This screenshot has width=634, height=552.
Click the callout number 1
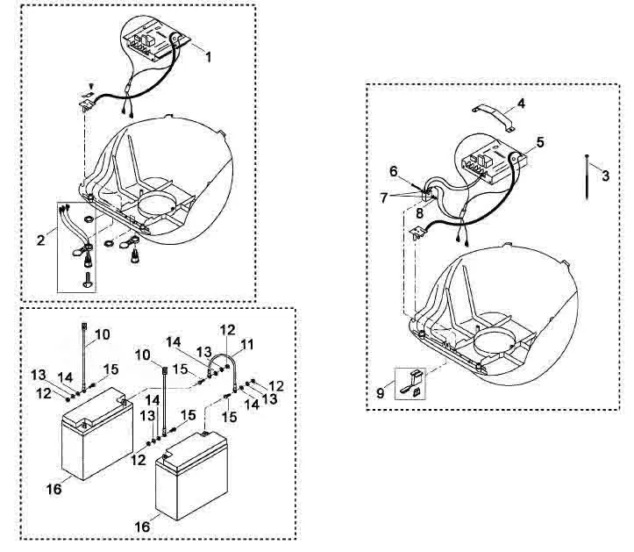(208, 57)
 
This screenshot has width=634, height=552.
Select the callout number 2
(40, 240)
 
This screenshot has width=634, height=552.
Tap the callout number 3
(605, 176)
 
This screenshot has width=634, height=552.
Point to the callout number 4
(521, 104)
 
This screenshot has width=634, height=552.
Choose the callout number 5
(540, 142)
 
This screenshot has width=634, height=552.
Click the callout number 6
(394, 171)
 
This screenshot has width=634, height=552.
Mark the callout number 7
(383, 197)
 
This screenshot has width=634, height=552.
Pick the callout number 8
(419, 213)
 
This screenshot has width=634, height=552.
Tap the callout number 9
(380, 392)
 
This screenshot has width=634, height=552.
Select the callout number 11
(247, 345)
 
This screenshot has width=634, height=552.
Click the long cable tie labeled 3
(587, 177)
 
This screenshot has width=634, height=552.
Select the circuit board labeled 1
(156, 39)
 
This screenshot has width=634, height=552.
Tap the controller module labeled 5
(494, 161)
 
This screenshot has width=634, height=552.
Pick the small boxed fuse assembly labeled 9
(410, 384)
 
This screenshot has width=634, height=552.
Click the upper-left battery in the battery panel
(97, 433)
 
